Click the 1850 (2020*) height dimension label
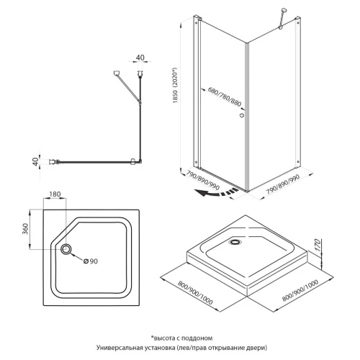click(x=176, y=86)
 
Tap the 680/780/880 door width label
click(x=225, y=96)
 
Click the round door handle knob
click(x=242, y=115)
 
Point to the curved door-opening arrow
click(x=217, y=192)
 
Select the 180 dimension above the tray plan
click(x=55, y=194)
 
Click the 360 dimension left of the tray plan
click(x=25, y=229)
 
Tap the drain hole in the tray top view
click(x=66, y=249)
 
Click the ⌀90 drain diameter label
click(x=91, y=261)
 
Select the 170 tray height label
click(x=318, y=245)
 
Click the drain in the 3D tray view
click(x=235, y=242)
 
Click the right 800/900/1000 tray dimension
click(x=300, y=290)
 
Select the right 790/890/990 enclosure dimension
click(x=283, y=184)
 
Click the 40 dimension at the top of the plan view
click(x=140, y=58)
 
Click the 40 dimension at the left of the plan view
click(x=35, y=161)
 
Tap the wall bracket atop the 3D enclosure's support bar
click(x=284, y=11)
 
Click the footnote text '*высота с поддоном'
click(x=181, y=338)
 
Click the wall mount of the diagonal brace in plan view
click(x=117, y=73)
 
